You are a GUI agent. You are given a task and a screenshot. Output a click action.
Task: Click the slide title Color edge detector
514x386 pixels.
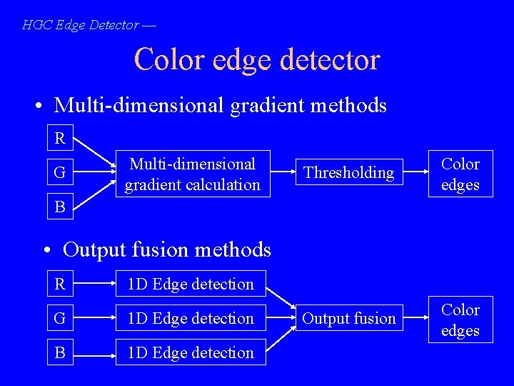pos(256,59)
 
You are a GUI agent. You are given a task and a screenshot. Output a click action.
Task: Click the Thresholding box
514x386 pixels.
pos(348,173)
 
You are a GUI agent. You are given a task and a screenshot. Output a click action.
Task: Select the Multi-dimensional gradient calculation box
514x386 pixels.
pos(193,174)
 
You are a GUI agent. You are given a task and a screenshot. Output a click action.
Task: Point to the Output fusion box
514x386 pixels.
pos(348,319)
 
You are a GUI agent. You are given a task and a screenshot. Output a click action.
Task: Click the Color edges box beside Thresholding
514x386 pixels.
pos(460,174)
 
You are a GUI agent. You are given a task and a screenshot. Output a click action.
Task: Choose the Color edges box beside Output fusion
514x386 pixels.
pos(460,320)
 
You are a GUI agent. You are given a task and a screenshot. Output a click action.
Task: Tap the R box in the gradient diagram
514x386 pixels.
pos(60,138)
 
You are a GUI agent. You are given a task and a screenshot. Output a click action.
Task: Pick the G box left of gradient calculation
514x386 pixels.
pos(60,172)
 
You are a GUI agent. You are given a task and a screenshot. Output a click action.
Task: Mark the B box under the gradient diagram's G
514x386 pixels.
pos(60,207)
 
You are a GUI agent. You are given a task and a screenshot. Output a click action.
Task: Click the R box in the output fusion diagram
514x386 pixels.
pos(60,284)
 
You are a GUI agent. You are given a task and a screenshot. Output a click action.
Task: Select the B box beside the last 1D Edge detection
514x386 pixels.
pos(60,353)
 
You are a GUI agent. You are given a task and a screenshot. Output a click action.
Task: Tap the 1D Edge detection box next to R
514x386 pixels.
pos(191,284)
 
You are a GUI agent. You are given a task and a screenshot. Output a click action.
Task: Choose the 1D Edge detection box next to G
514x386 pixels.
pos(191,319)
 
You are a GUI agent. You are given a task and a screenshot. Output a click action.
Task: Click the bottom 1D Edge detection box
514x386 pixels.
pos(191,353)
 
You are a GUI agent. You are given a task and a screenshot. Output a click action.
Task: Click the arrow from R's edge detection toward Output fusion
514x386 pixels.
pos(280,299)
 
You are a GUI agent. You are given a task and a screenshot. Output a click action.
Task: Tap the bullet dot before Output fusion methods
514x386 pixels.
pos(46,251)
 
